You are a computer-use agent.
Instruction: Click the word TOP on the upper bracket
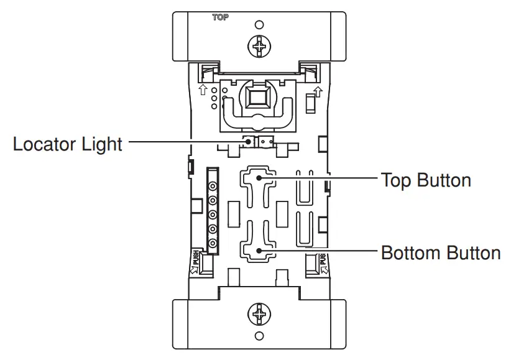click(221, 18)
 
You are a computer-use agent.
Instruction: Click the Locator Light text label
click(67, 144)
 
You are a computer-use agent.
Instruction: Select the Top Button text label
click(426, 180)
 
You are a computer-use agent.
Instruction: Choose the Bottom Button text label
click(441, 253)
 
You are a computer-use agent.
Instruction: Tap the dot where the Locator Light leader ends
click(249, 142)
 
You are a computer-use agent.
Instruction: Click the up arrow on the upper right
click(317, 93)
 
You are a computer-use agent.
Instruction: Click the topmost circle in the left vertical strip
click(213, 186)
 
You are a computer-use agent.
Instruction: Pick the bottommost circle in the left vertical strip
click(213, 243)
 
